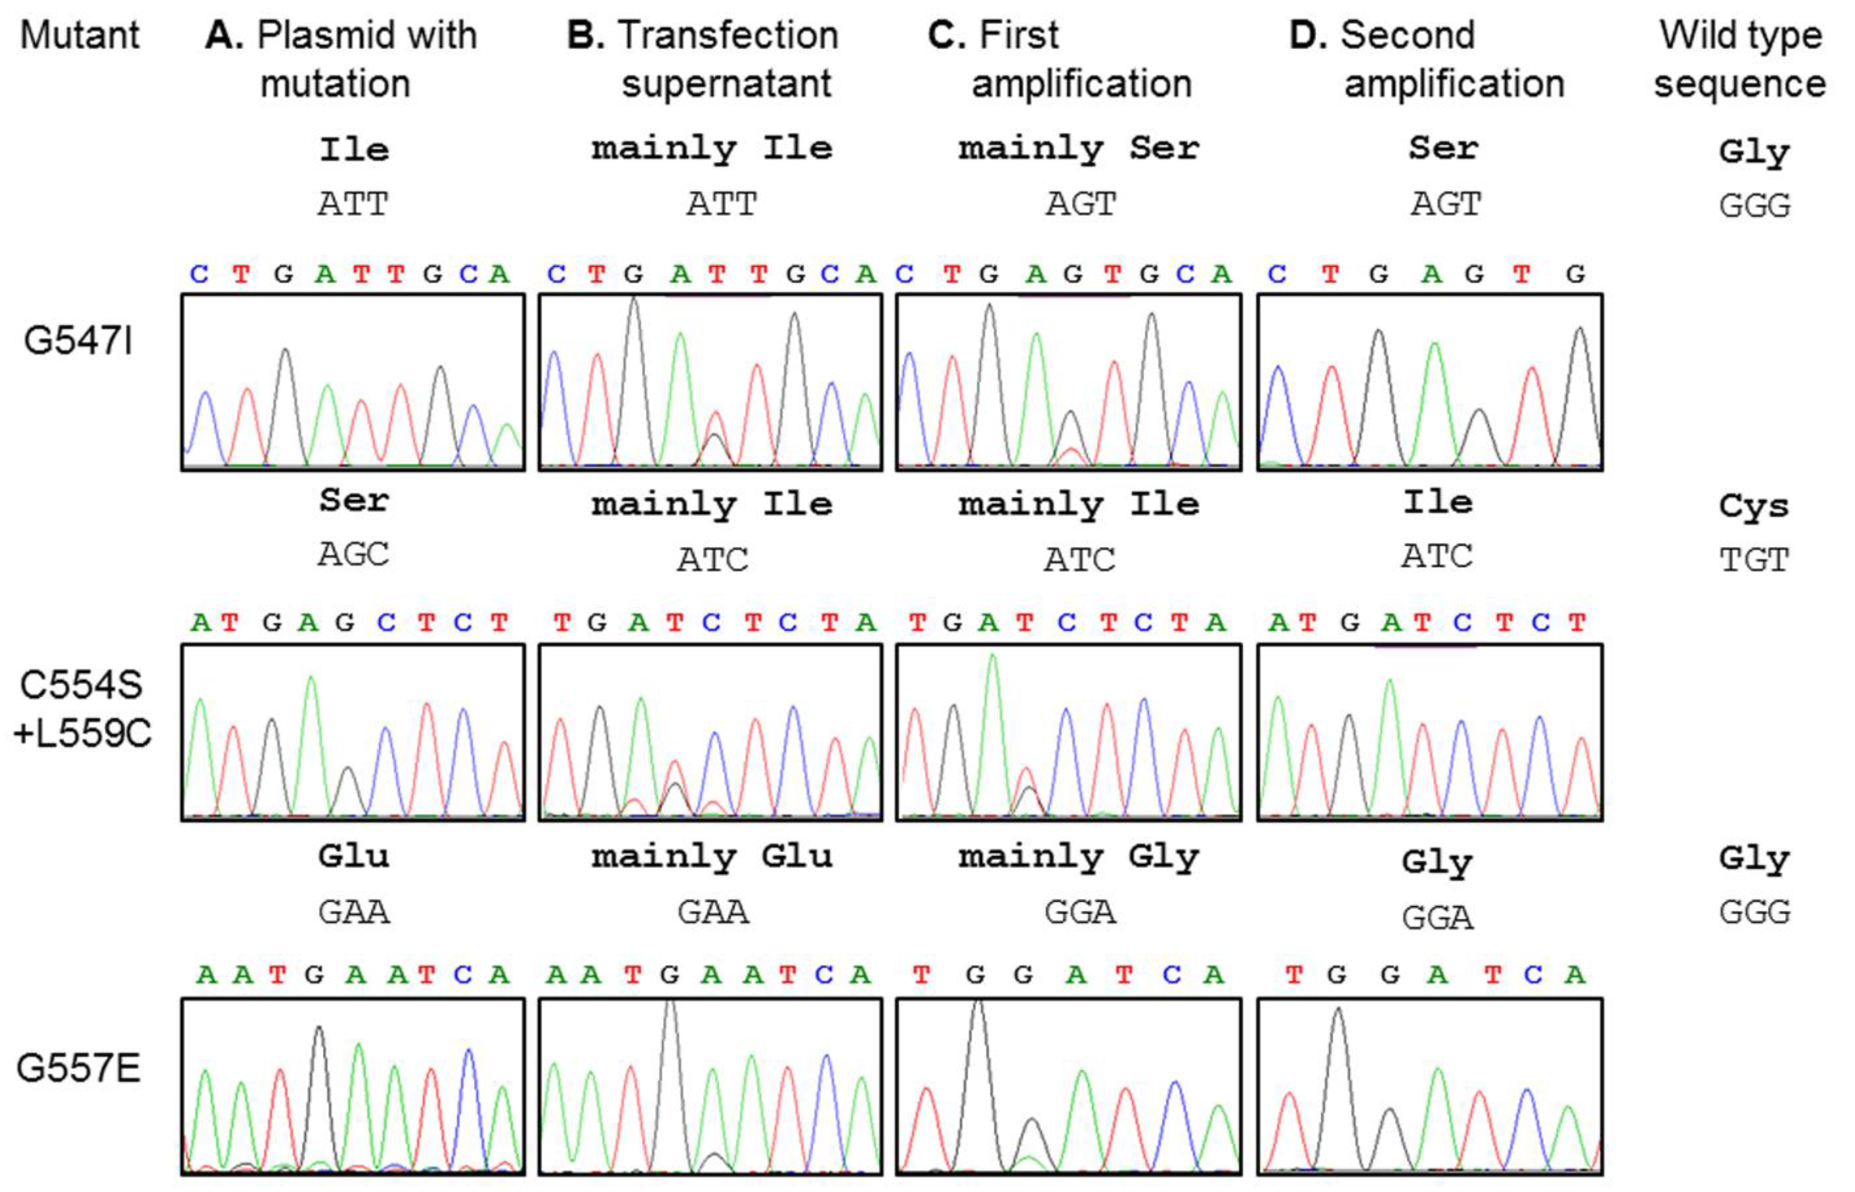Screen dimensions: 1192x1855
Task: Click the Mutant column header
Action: click(x=80, y=35)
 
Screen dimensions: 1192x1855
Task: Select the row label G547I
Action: click(x=78, y=341)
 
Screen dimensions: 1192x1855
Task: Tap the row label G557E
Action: click(x=78, y=1069)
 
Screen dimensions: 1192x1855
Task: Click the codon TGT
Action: click(x=1754, y=559)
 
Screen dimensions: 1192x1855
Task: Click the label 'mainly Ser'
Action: click(x=1078, y=148)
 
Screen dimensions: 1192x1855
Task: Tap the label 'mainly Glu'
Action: click(x=712, y=857)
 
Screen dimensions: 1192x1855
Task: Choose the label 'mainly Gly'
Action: click(x=1078, y=857)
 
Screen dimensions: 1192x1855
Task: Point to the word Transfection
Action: click(x=728, y=35)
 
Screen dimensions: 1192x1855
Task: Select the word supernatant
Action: click(x=726, y=83)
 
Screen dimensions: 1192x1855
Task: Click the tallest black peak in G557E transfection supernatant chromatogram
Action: click(x=670, y=1006)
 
